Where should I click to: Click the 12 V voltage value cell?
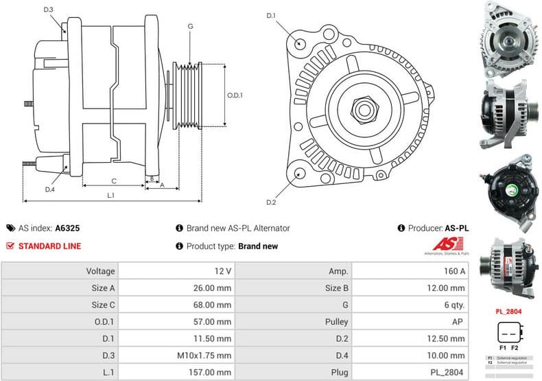222,271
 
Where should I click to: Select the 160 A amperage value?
454,271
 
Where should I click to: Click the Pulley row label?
336,321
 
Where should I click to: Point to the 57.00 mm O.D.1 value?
214,321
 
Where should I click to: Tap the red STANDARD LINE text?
49,246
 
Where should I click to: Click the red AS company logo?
449,244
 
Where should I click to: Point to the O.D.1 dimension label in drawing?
235,95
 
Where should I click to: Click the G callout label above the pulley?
189,26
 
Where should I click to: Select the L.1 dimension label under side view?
110,195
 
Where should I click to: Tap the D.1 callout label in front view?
270,15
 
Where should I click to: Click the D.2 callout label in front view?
270,203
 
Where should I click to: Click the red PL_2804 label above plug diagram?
508,311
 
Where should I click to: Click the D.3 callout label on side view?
49,9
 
